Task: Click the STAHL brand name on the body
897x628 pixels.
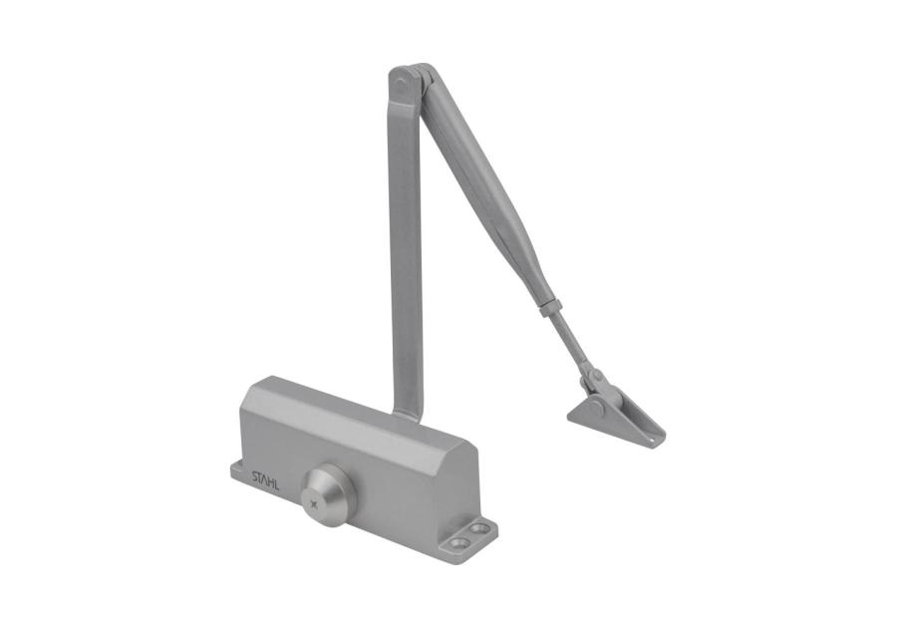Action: click(x=266, y=481)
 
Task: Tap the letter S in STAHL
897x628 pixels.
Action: click(x=255, y=476)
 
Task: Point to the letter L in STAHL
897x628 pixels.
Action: click(x=277, y=486)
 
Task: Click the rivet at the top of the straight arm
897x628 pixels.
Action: click(x=401, y=85)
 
